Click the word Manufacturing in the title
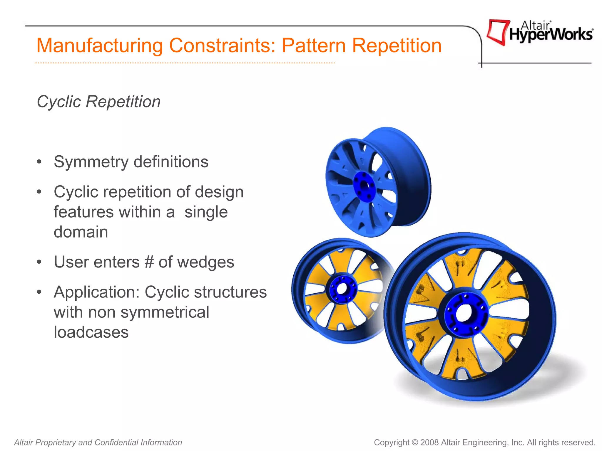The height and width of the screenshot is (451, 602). click(99, 46)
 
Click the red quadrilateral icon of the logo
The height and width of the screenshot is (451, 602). click(498, 32)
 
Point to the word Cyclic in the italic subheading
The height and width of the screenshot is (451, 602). click(59, 102)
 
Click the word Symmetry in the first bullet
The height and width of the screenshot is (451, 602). click(91, 162)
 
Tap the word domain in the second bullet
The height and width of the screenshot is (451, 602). click(81, 232)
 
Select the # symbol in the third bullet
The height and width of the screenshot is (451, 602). click(149, 262)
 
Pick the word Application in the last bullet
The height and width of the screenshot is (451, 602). click(96, 292)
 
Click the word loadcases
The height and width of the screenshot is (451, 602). click(91, 332)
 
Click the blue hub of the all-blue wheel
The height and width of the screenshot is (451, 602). click(364, 186)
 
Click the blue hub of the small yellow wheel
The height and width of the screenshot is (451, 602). click(342, 289)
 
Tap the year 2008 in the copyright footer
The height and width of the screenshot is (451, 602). click(429, 442)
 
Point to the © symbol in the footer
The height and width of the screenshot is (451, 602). click(415, 442)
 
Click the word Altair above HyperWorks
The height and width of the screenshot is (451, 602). click(535, 26)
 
